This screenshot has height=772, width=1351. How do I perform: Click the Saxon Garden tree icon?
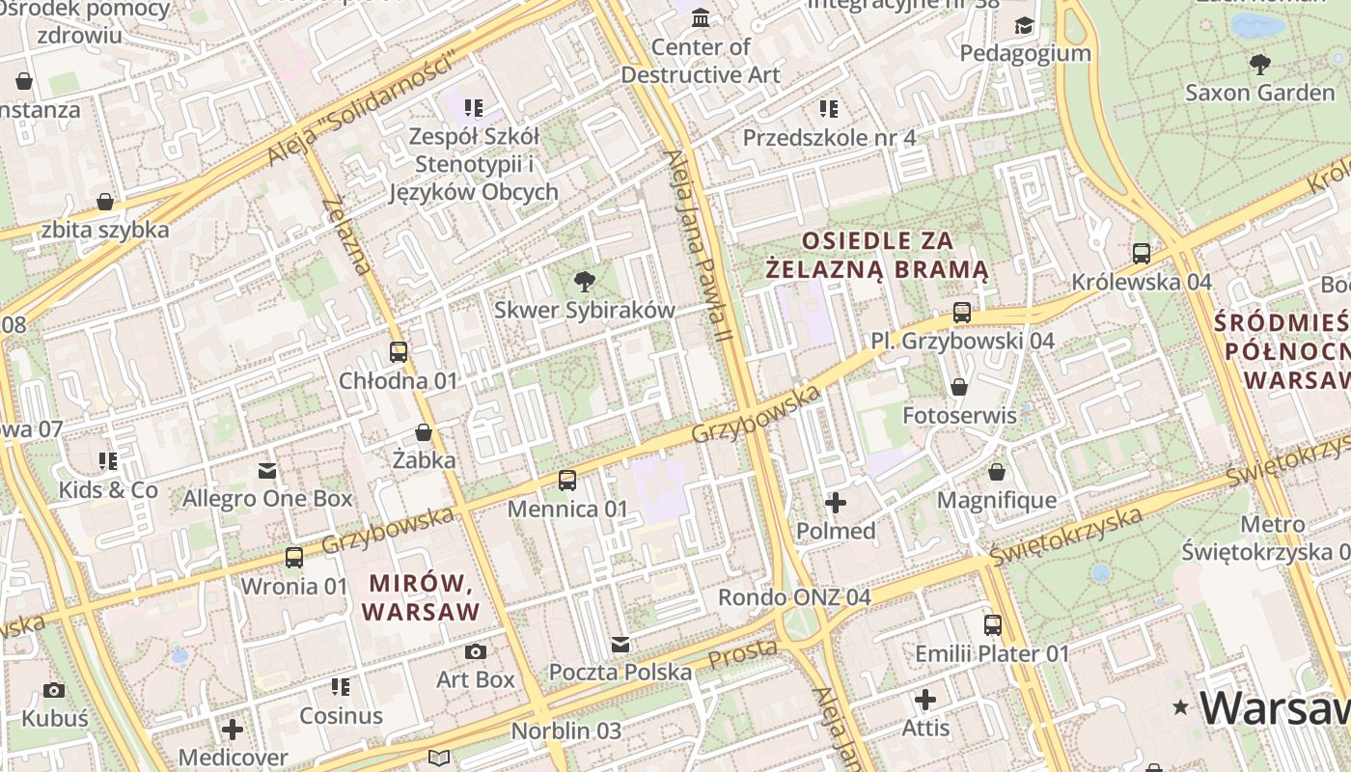pos(1259,65)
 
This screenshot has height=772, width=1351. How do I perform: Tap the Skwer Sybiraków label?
pos(584,310)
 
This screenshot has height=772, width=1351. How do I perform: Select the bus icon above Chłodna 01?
pos(398,352)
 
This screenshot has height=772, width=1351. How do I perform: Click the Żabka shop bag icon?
pos(423,432)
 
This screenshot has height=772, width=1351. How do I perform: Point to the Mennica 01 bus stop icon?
pos(567,481)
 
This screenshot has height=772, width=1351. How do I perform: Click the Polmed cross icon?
pos(836,503)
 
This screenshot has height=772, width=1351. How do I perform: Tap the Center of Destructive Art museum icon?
pos(701,18)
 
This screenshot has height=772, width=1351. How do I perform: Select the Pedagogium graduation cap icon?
pos(1024,25)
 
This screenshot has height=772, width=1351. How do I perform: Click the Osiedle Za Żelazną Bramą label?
pos(877,254)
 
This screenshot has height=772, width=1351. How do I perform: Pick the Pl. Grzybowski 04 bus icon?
pos(962,313)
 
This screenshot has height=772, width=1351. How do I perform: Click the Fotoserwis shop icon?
pos(959,388)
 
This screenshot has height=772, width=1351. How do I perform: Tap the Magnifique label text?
pos(997,500)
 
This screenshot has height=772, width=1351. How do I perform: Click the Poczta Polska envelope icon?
pos(620,644)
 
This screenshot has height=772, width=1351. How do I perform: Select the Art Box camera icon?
pos(476,651)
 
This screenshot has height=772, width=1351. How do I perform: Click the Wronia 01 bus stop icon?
pos(294,558)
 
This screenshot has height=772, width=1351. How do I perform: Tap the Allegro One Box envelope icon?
pos(267,471)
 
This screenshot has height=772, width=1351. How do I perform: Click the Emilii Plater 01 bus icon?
pos(992,625)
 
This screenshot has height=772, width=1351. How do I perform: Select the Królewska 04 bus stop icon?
pos(1142,254)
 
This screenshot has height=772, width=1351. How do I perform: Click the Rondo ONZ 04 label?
pos(794,596)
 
